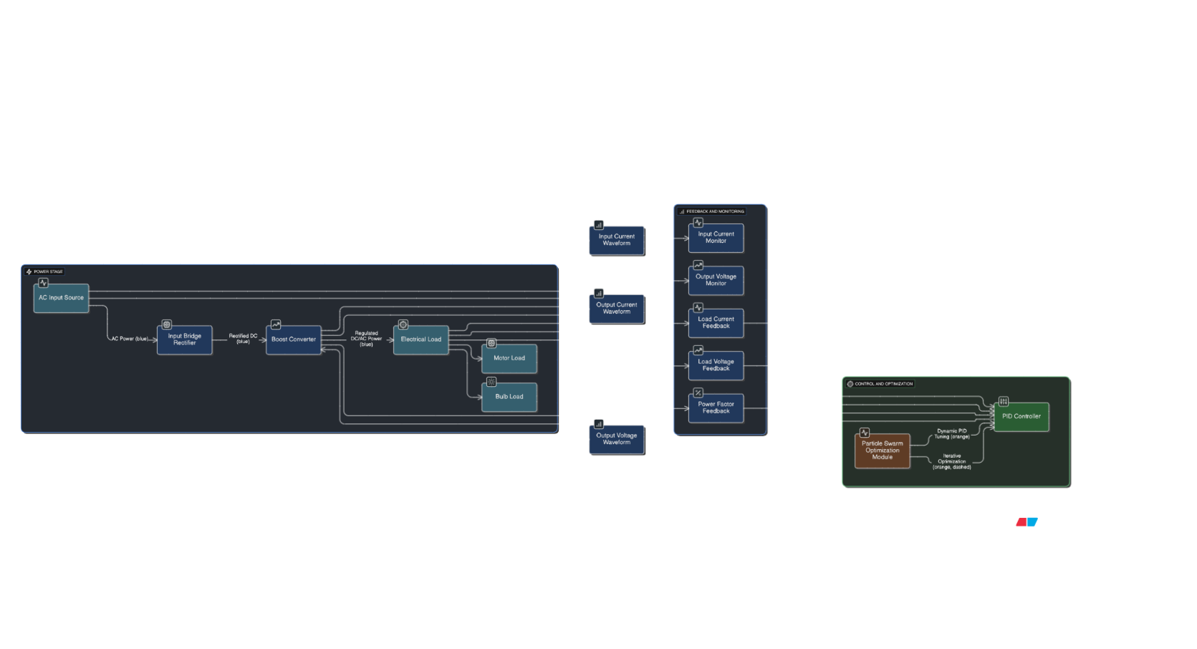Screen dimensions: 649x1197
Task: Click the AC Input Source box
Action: click(61, 298)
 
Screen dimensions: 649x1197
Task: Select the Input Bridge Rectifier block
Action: click(184, 340)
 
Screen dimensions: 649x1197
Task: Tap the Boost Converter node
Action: click(293, 340)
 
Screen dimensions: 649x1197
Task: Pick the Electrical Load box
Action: click(420, 340)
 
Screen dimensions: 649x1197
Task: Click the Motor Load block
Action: click(509, 358)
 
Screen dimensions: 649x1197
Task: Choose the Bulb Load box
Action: click(509, 397)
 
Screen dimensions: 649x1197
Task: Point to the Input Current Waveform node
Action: click(616, 240)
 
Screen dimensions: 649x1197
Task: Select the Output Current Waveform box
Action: click(616, 309)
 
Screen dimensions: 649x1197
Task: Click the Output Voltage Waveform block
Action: click(616, 439)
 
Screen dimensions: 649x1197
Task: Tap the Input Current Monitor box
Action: click(716, 238)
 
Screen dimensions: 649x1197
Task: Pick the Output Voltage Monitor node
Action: click(716, 280)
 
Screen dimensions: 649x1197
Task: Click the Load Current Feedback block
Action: click(716, 323)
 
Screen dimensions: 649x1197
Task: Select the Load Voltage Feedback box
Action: click(716, 365)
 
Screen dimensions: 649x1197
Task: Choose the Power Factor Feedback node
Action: click(716, 408)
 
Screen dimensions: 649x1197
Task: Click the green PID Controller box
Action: click(1021, 416)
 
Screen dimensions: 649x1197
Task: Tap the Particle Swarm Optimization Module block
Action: click(882, 451)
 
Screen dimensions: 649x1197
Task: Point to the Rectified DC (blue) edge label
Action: click(243, 339)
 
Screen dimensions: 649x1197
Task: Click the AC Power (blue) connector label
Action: click(130, 339)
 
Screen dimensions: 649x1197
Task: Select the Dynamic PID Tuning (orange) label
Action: click(951, 434)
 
